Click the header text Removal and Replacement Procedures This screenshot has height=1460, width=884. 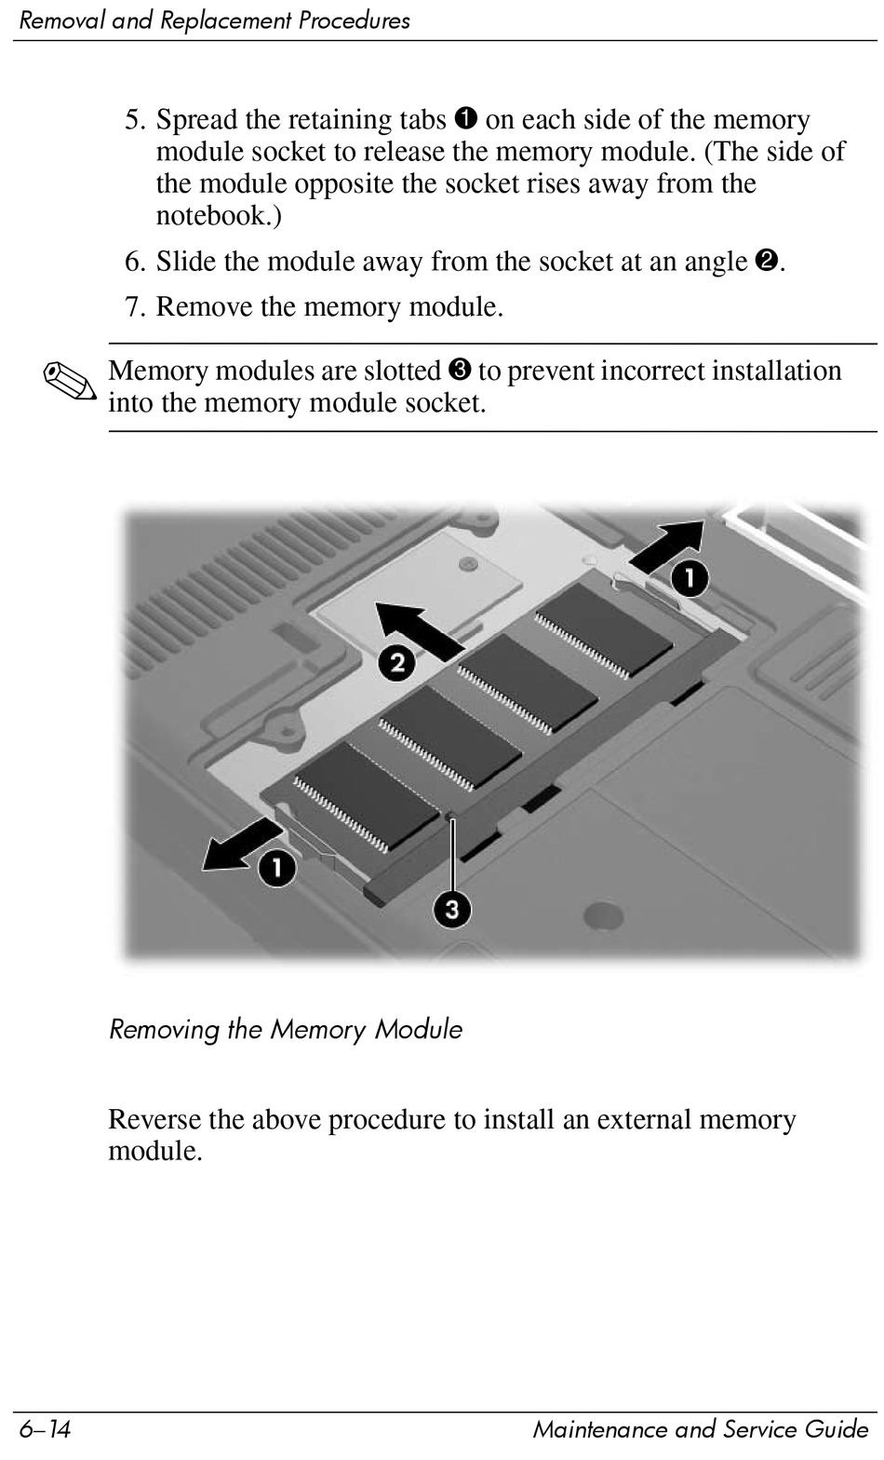pos(214,20)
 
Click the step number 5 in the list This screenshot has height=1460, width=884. pos(134,120)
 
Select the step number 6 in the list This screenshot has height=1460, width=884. pos(134,262)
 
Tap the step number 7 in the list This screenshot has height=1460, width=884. pos(134,306)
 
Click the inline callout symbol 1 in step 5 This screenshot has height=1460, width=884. pos(466,119)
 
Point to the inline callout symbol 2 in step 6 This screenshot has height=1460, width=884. pos(768,262)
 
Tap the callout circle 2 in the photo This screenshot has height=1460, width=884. pos(397,664)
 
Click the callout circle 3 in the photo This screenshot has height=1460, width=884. pos(451,908)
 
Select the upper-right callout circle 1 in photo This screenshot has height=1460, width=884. pos(690,578)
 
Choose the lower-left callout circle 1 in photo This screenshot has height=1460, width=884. pos(277,869)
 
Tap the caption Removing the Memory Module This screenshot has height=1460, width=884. pos(285,1030)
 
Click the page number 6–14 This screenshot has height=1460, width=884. pos(45,1429)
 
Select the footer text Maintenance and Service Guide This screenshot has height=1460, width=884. pos(688,1429)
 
